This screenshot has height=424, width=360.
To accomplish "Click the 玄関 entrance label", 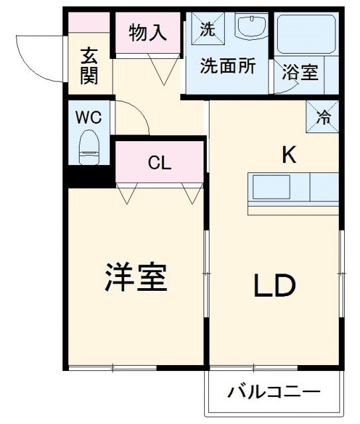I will (90, 66).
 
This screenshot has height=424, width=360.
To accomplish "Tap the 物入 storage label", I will (147, 33).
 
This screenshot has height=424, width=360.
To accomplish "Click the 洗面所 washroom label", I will (229, 68).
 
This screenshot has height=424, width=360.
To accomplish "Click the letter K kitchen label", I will (288, 155).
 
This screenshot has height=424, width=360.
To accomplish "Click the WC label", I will (88, 118).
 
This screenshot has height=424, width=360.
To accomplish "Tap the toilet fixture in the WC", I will (88, 147).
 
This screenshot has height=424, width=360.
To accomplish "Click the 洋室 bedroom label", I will (135, 278).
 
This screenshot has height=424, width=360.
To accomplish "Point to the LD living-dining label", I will (272, 286).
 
